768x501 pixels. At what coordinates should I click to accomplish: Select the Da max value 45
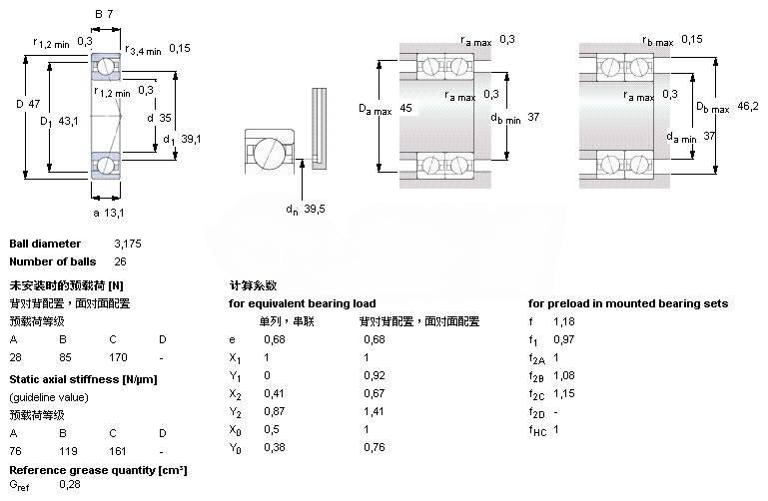click(x=405, y=107)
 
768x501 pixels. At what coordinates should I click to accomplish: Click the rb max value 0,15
click(x=691, y=39)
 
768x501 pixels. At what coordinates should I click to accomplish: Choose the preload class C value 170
click(x=119, y=358)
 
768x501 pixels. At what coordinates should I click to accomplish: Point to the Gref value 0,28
click(x=70, y=484)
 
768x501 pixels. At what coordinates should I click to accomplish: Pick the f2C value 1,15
click(x=564, y=394)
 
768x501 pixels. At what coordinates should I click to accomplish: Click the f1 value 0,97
click(x=564, y=340)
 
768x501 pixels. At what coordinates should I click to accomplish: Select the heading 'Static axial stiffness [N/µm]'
click(x=83, y=379)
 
